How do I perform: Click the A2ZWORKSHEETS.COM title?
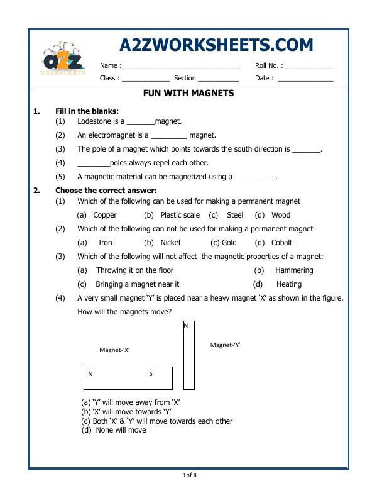pyautogui.click(x=216, y=45)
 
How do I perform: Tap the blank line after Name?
pyautogui.click(x=181, y=66)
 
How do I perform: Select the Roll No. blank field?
pyautogui.click(x=309, y=66)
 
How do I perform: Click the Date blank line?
pyautogui.click(x=305, y=79)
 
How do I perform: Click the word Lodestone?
pyautogui.click(x=96, y=121)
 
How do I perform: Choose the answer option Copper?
pyautogui.click(x=105, y=215)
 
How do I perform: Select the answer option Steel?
pyautogui.click(x=234, y=215)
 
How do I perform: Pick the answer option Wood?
pyautogui.click(x=281, y=215)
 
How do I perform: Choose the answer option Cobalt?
pyautogui.click(x=281, y=243)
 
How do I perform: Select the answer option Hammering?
pyautogui.click(x=294, y=270)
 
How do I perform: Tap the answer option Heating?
pyautogui.click(x=289, y=284)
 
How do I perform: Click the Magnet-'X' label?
pyautogui.click(x=114, y=350)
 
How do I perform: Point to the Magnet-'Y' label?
pyautogui.click(x=226, y=345)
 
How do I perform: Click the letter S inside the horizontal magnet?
pyautogui.click(x=151, y=374)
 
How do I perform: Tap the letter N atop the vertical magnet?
pyautogui.click(x=186, y=326)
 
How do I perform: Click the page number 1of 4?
pyautogui.click(x=188, y=475)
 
